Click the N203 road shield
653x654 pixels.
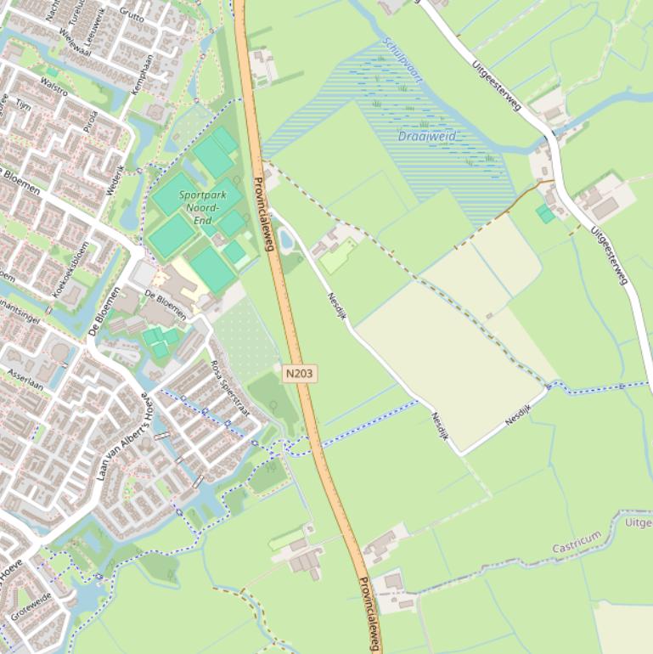coord(299,373)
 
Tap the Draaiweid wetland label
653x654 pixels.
coord(427,137)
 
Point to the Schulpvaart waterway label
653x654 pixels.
coord(402,59)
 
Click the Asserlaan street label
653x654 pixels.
coord(25,379)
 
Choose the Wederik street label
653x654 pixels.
coord(115,179)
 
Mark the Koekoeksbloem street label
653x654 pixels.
coord(71,269)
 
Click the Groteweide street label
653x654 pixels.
coord(31,606)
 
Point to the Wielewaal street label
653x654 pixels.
coord(74,42)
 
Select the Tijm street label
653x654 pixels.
coord(23,105)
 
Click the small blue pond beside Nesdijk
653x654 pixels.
coord(285,243)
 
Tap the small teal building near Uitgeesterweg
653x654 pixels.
coord(545,213)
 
